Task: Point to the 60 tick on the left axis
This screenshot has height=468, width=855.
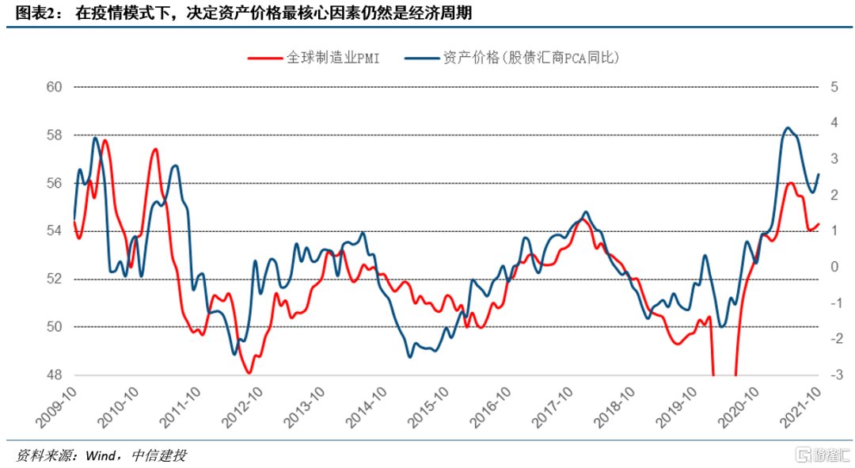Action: pyautogui.click(x=54, y=87)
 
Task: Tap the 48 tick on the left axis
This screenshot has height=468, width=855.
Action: pyautogui.click(x=54, y=375)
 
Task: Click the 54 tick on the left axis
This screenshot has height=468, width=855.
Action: pyautogui.click(x=54, y=231)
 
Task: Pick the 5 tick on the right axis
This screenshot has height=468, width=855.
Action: pyautogui.click(x=834, y=87)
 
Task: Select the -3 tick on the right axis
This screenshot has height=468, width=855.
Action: pyautogui.click(x=833, y=375)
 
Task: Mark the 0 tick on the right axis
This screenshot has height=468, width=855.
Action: pyautogui.click(x=834, y=267)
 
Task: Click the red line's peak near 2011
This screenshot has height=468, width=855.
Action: pyautogui.click(x=155, y=149)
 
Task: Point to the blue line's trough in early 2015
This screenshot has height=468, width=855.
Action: pyautogui.click(x=410, y=356)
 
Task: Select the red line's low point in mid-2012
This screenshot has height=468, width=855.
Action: pyautogui.click(x=249, y=372)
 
